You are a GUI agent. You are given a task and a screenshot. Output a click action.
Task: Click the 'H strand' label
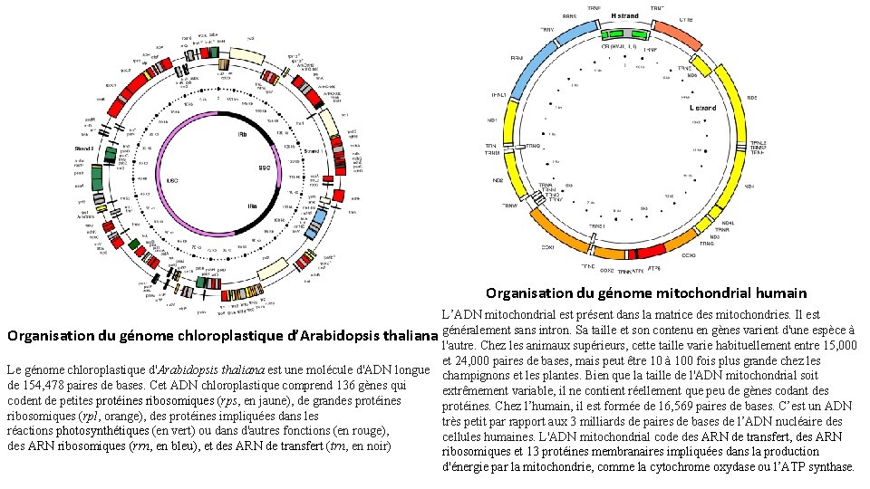(624, 16)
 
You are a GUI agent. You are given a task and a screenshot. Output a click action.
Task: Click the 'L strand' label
(703, 108)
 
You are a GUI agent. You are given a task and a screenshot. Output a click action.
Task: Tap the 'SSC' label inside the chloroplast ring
(265, 168)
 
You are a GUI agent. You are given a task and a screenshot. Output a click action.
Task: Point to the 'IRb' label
(242, 133)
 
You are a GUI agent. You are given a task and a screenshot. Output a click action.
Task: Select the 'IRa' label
(252, 206)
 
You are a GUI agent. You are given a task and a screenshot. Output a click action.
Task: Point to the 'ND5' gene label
(751, 97)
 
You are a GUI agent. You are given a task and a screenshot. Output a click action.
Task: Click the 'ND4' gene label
(749, 187)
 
